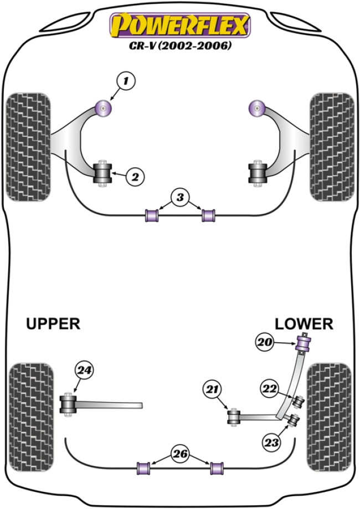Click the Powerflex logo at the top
click(180, 25)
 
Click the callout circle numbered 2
click(135, 177)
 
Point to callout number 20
click(265, 343)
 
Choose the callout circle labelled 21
click(211, 390)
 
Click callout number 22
click(271, 389)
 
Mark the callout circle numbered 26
click(181, 455)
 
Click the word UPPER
click(53, 323)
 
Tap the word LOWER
click(304, 323)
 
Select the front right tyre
click(332, 146)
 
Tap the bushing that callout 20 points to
click(304, 342)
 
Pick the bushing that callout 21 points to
click(234, 415)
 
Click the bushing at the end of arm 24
click(68, 405)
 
